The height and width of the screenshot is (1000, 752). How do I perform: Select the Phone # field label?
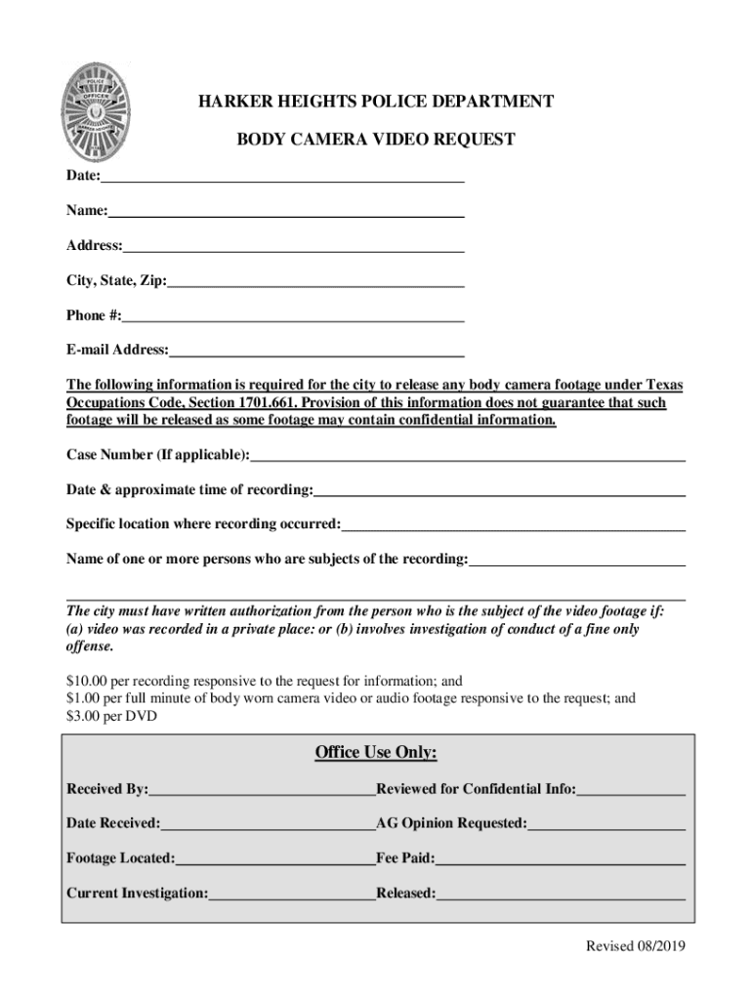click(x=94, y=315)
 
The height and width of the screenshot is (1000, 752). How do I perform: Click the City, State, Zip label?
click(x=116, y=281)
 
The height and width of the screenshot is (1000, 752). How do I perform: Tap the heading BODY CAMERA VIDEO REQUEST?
click(x=376, y=140)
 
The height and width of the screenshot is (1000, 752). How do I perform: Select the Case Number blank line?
click(x=468, y=457)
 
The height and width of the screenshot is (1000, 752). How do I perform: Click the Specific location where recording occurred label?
click(x=203, y=524)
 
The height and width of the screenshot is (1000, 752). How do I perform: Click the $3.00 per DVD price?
click(x=111, y=716)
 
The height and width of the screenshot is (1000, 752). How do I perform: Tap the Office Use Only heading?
click(x=376, y=752)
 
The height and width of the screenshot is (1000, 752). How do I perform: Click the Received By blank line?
click(x=262, y=792)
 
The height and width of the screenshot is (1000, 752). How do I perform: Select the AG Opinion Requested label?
click(x=451, y=823)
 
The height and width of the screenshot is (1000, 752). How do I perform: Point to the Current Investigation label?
click(x=137, y=894)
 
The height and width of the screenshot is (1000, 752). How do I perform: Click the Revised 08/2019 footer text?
click(x=635, y=947)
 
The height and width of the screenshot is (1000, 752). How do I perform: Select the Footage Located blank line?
click(x=275, y=862)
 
